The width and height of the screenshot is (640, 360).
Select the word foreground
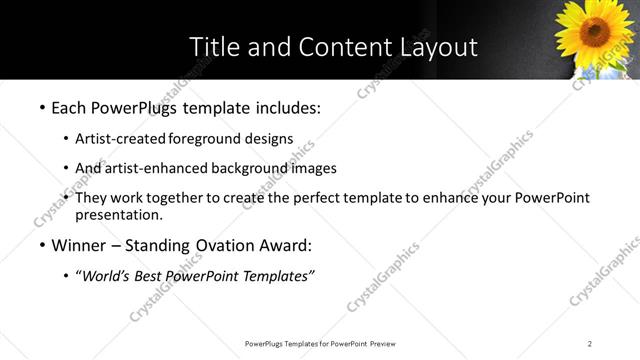[x=205, y=139]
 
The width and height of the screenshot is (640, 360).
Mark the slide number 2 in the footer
[x=590, y=344]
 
